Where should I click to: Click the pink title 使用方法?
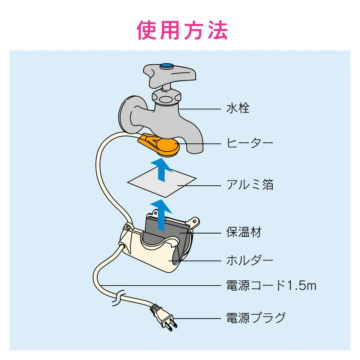(x=182, y=30)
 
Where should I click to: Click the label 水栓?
(x=238, y=108)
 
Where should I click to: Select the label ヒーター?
(x=250, y=143)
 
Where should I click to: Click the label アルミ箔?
(x=250, y=185)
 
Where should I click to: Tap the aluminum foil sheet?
(x=162, y=183)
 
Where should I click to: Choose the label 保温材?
(x=244, y=232)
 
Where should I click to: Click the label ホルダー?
(x=250, y=261)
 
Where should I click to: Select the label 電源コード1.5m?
(x=271, y=286)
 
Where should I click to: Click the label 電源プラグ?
(x=256, y=318)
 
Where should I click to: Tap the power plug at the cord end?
(x=164, y=318)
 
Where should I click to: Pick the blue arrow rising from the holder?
(x=162, y=215)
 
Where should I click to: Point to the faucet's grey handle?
(x=170, y=76)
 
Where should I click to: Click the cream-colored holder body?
(x=147, y=255)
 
